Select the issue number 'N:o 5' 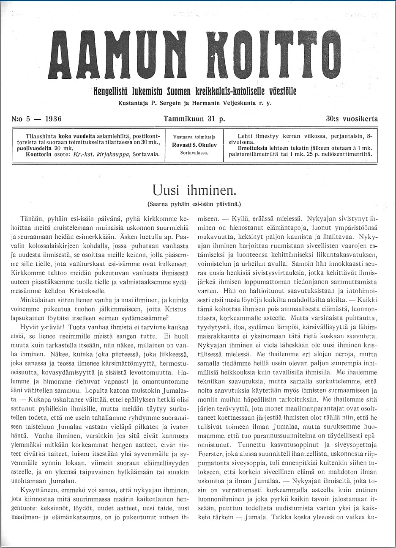[x=22, y=119]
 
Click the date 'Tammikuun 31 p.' [x=194, y=119]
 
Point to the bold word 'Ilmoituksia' [x=253, y=149]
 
